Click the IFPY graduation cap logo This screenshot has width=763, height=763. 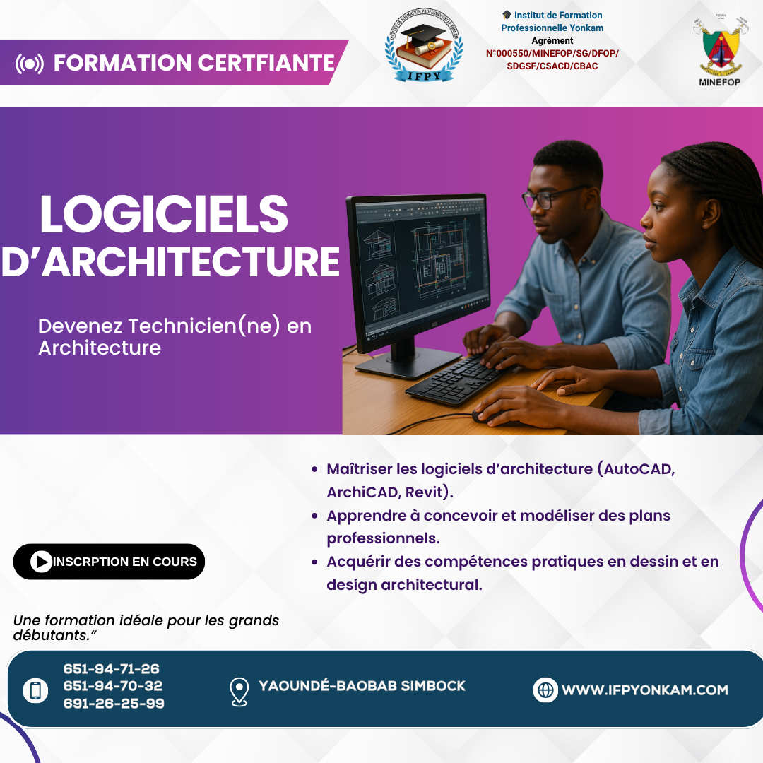point(424,45)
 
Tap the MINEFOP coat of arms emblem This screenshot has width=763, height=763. point(720,46)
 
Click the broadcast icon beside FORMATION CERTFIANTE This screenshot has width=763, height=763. point(29,64)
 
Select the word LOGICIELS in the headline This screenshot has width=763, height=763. point(164,215)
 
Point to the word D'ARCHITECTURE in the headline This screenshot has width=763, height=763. point(170,261)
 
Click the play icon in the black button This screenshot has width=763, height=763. point(42,562)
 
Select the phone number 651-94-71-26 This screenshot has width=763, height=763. point(112,668)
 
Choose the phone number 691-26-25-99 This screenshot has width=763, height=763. point(114,703)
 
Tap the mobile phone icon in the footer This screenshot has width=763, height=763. point(35,690)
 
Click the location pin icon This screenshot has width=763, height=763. point(239,692)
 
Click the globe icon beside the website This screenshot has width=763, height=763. point(545,690)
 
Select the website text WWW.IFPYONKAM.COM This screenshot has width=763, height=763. point(645,690)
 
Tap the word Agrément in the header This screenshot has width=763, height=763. point(552,41)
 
